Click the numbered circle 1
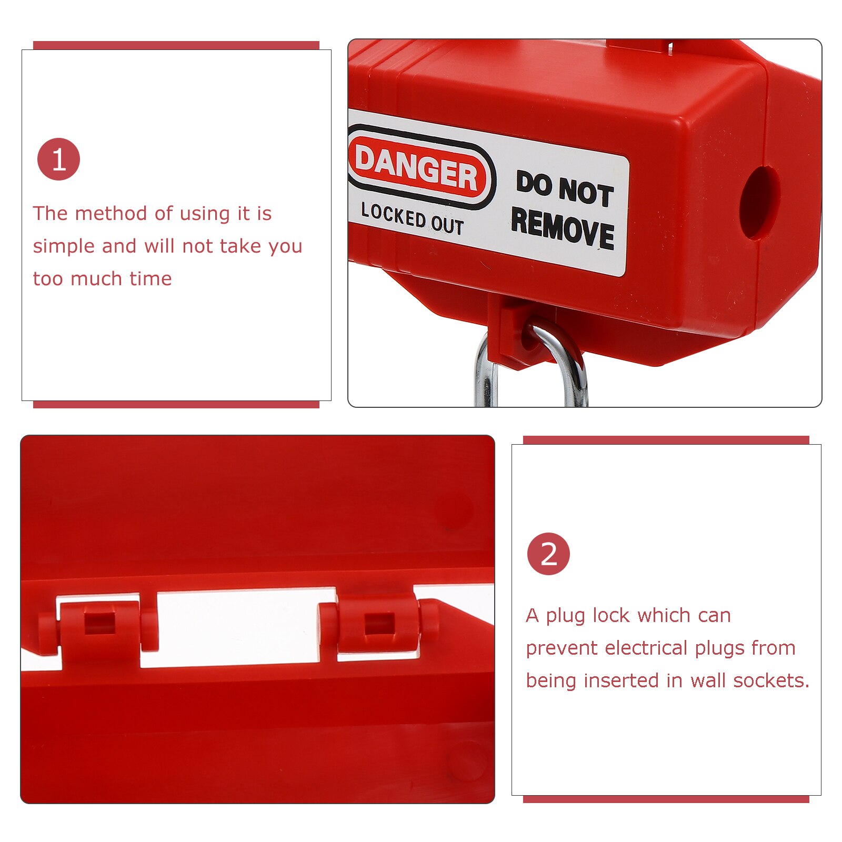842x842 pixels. pos(58,159)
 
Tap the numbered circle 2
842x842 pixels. pos(548,554)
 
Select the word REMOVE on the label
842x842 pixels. pos(563,228)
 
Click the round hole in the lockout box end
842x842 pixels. pos(759,203)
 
